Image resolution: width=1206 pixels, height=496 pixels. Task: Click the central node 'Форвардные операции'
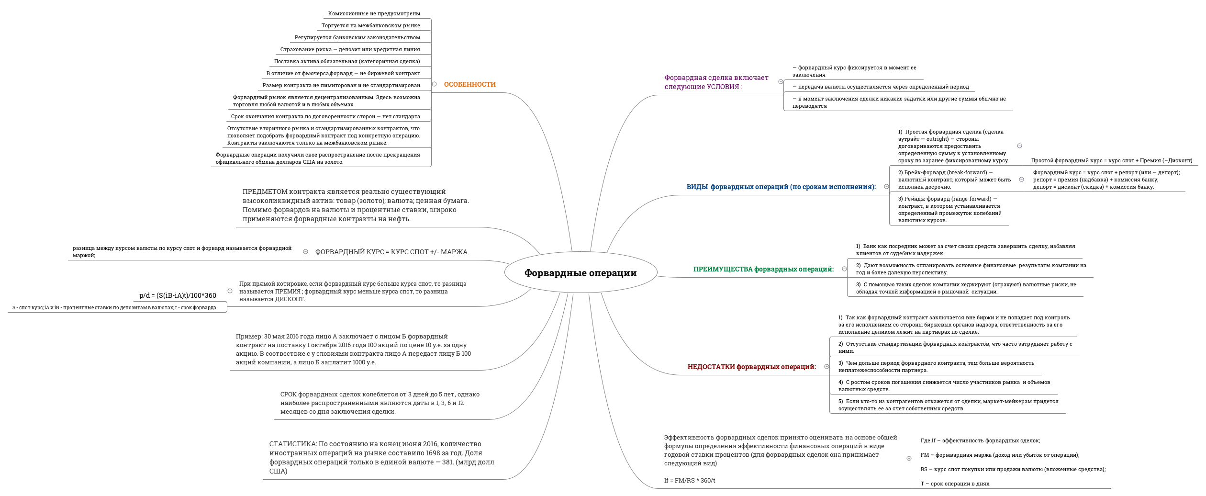(x=580, y=273)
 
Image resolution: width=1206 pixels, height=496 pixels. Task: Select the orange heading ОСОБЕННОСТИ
(x=469, y=84)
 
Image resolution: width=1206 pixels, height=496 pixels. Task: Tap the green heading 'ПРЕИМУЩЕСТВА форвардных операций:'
(x=763, y=269)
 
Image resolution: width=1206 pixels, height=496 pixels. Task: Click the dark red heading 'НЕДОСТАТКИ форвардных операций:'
(x=751, y=367)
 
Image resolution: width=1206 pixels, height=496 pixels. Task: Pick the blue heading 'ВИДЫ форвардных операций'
(x=781, y=187)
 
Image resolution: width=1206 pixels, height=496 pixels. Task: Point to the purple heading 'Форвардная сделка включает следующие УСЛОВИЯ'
(x=716, y=82)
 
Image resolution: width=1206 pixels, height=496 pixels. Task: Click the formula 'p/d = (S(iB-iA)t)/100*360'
(x=178, y=295)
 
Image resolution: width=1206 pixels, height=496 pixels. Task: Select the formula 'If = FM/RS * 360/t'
(x=690, y=480)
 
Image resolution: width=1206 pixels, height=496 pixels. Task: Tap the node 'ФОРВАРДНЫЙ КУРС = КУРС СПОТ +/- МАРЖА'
(x=391, y=252)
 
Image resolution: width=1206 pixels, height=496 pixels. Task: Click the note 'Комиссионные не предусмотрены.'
(x=375, y=13)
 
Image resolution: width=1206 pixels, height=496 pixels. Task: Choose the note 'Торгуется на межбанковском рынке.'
(x=371, y=25)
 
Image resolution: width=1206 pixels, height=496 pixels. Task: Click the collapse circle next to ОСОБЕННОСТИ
(x=434, y=84)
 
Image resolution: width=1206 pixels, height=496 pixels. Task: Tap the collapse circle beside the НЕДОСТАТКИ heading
(x=826, y=367)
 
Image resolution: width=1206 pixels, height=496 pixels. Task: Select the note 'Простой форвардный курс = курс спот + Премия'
(x=1111, y=160)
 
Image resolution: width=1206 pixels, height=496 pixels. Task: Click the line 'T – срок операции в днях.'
(x=955, y=484)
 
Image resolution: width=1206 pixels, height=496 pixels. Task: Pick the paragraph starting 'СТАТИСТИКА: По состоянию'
(x=382, y=457)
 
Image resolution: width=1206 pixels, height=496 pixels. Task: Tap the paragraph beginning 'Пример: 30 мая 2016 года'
(x=353, y=349)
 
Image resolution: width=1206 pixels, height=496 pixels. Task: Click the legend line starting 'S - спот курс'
(x=115, y=307)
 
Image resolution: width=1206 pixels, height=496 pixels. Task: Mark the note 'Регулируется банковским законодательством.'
(x=358, y=37)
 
